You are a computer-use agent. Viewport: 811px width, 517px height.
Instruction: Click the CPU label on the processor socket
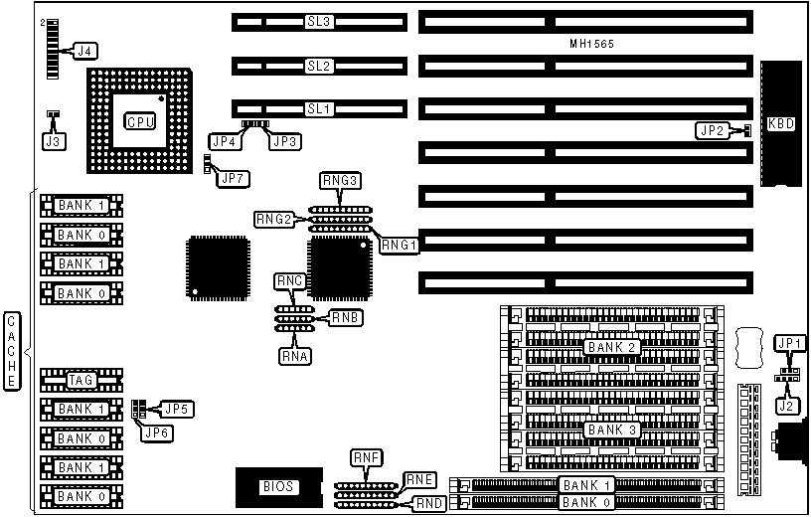(138, 121)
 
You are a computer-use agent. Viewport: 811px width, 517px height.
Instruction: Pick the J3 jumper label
(52, 141)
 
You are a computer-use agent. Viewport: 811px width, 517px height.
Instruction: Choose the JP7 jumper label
(236, 179)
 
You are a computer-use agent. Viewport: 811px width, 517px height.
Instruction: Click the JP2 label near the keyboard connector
(711, 130)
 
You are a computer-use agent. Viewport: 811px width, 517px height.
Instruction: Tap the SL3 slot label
(318, 21)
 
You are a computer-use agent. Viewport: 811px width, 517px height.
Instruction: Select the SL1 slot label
(317, 108)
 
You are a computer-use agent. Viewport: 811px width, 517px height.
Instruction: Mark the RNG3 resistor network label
(339, 181)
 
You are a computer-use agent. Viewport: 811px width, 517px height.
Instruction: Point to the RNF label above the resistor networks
(366, 458)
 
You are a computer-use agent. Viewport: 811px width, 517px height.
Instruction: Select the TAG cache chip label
(81, 380)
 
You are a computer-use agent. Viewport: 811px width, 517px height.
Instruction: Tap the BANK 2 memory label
(611, 348)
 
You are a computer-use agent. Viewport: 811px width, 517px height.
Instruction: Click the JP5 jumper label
(178, 408)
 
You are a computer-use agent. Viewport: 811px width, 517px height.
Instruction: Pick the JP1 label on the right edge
(790, 343)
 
